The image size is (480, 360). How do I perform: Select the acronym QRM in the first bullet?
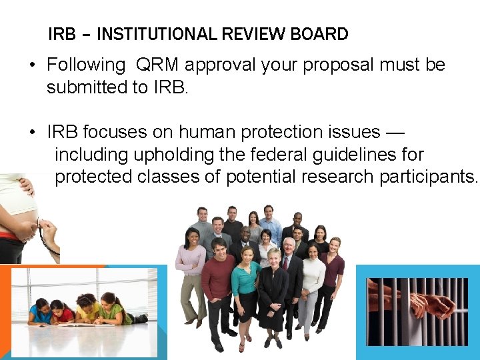pos(157,65)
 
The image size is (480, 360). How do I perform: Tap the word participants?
pos(429,177)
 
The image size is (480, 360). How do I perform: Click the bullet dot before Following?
pos(32,65)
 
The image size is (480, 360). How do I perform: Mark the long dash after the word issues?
pos(395,133)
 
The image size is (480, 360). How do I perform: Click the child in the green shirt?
pos(111,308)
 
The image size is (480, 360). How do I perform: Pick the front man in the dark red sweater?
pos(217,280)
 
